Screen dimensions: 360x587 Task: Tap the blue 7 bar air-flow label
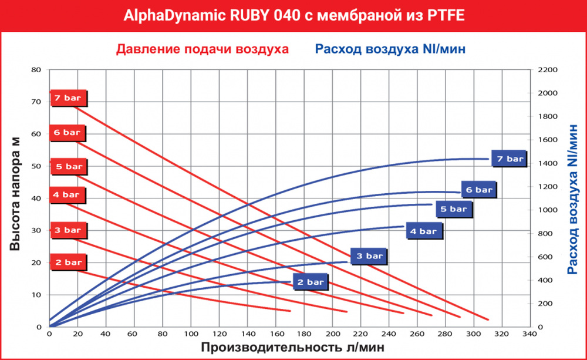pos(509,159)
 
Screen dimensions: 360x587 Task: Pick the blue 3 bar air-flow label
pos(369,256)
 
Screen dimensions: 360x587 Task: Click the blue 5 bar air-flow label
pos(453,208)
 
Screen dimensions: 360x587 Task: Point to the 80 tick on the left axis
pos(36,70)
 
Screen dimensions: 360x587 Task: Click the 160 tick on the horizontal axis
pos(275,335)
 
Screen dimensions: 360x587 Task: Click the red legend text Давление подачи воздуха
pos(203,49)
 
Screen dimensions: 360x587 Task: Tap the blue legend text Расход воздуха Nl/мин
pos(390,49)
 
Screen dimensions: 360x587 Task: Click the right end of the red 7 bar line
pos(488,319)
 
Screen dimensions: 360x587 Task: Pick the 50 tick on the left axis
pos(36,166)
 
